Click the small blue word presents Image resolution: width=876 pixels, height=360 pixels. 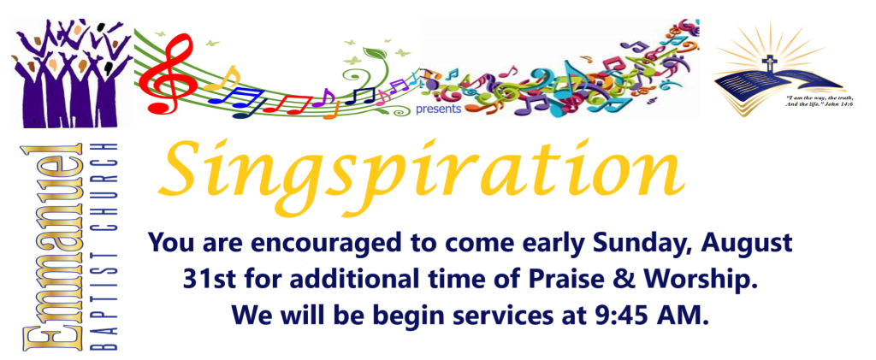pyautogui.click(x=438, y=109)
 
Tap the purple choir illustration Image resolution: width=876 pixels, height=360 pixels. pyautogui.click(x=72, y=73)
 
